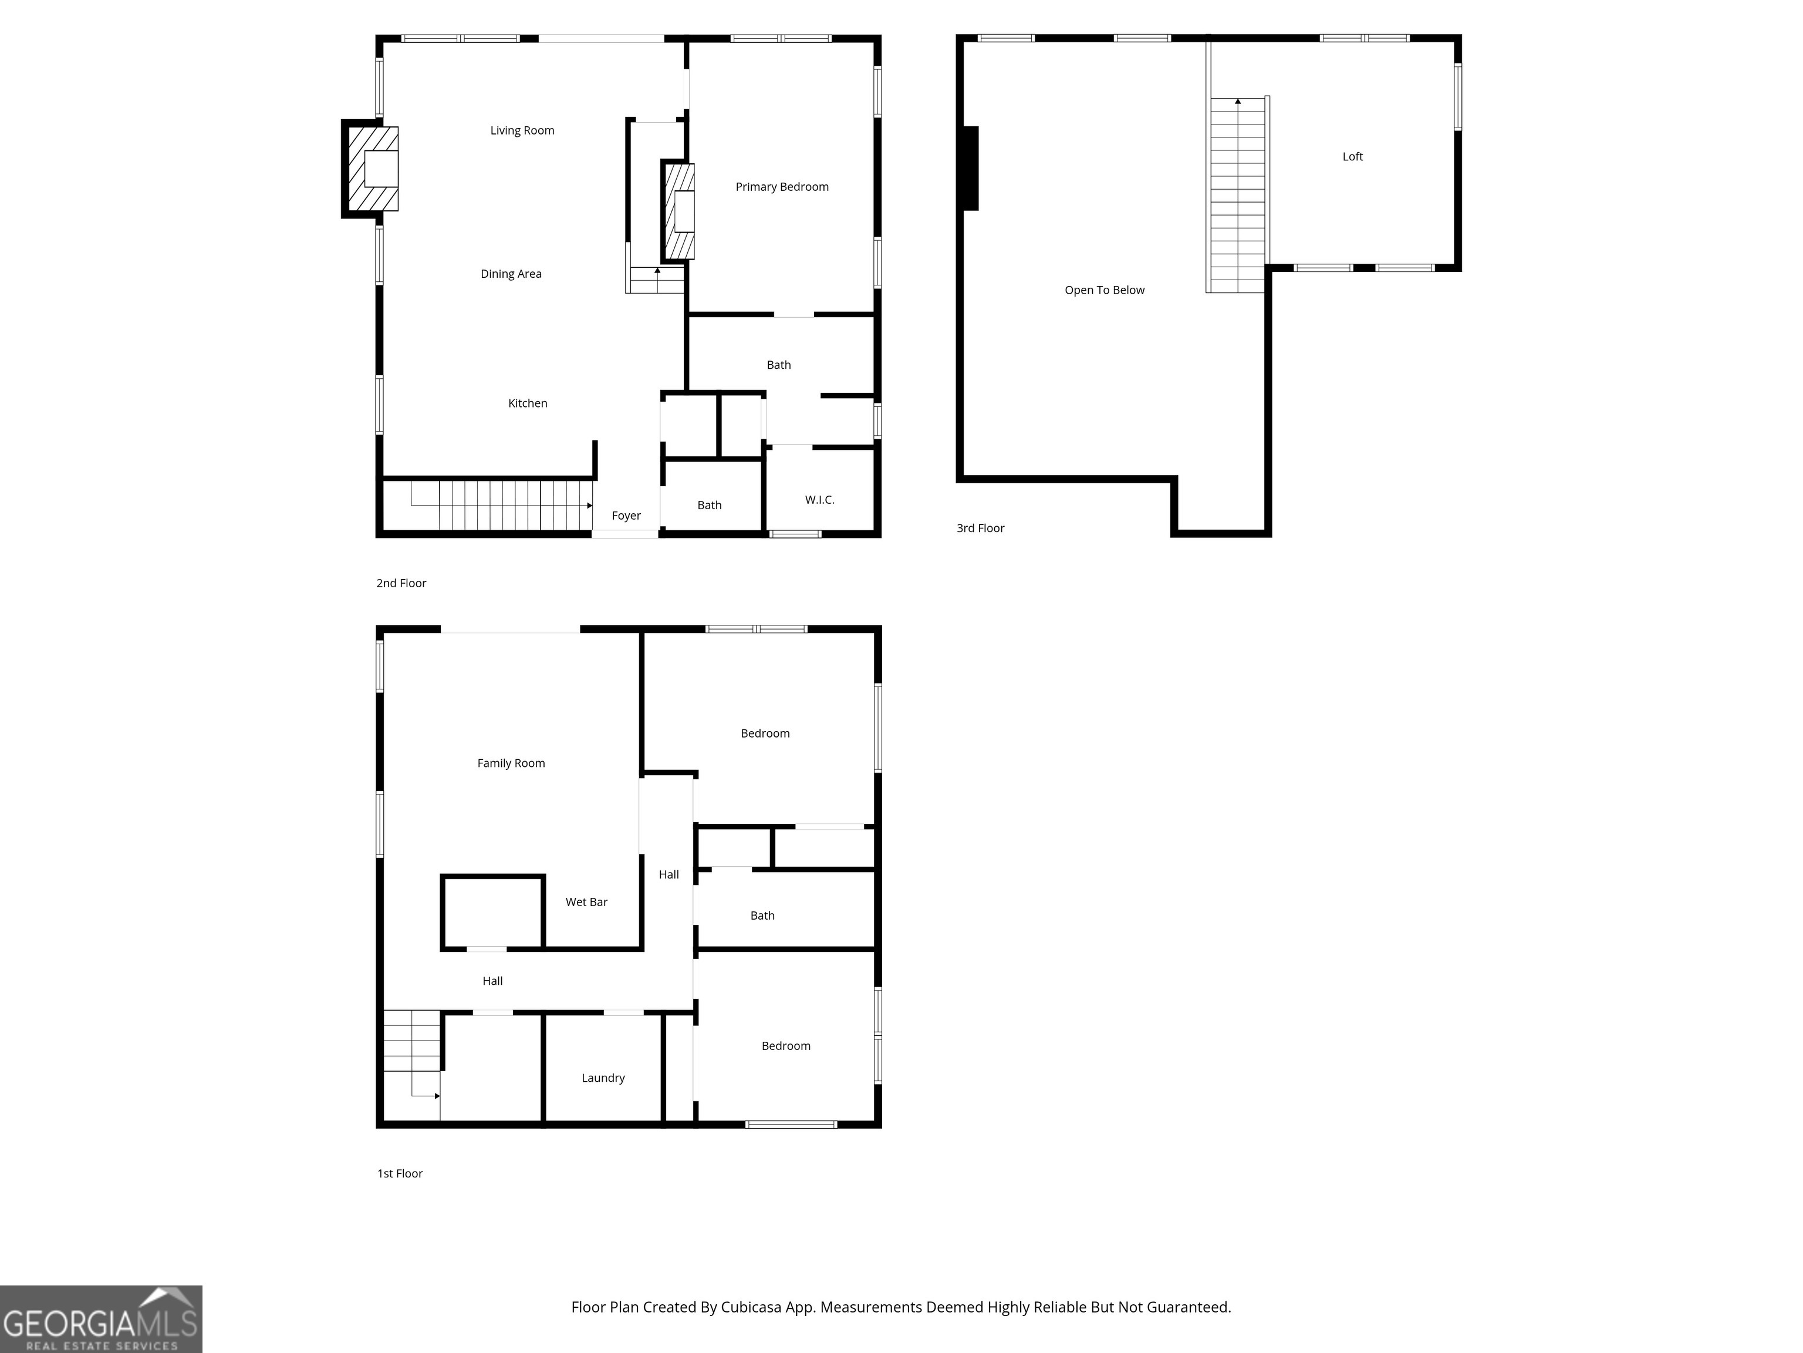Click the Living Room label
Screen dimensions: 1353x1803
tap(522, 130)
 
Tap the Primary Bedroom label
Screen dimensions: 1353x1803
tap(782, 187)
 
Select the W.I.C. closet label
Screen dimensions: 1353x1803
tap(819, 500)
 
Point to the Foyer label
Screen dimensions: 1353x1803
tap(626, 516)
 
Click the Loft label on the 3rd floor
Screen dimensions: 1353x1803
tap(1352, 157)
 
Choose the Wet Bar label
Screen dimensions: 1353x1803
tap(586, 902)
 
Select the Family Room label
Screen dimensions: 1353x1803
tap(511, 763)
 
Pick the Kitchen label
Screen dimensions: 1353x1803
tap(528, 403)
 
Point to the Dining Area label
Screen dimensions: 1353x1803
tap(511, 274)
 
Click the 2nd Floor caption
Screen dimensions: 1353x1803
tap(401, 583)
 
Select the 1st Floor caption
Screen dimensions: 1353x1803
tap(400, 1173)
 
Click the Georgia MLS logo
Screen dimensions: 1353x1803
tap(100, 1319)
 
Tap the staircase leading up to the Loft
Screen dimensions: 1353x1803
tap(1237, 196)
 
